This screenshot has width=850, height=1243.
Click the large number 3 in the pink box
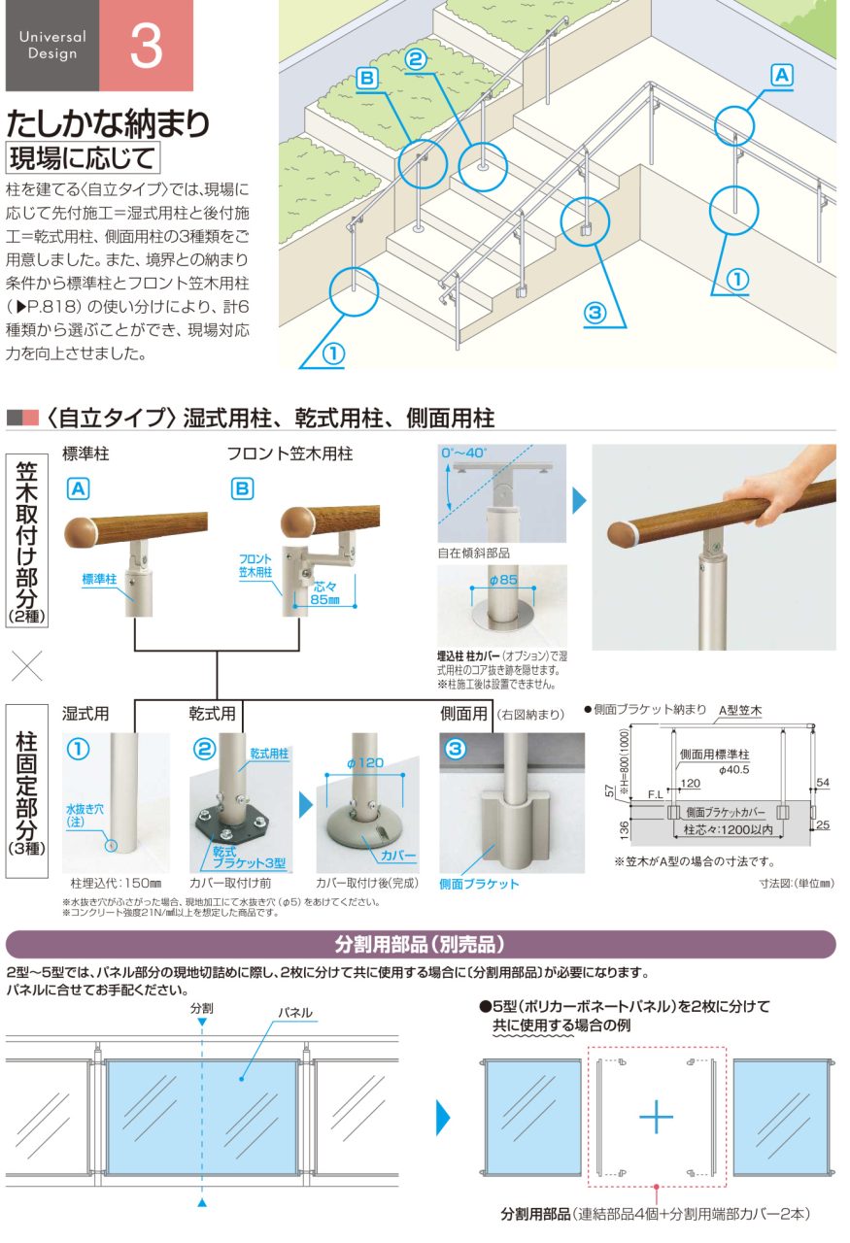pos(146,46)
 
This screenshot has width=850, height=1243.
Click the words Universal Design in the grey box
pos(52,45)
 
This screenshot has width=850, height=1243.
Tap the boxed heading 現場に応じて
pos(83,158)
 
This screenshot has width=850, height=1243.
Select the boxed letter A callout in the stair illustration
pos(782,75)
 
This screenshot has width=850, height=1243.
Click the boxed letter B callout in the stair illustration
pos(367,79)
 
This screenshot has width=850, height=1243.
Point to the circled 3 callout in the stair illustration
pos(595,313)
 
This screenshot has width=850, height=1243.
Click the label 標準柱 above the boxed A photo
pos(85,454)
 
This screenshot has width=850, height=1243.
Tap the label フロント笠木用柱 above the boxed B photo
pos(289,454)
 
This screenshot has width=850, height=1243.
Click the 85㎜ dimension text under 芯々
pos(324,599)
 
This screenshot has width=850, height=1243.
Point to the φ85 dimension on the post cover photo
pos(503,580)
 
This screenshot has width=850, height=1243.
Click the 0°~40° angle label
pos(463,453)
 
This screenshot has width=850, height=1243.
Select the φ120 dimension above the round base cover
pos(365,763)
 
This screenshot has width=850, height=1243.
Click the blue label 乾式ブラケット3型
pos(249,857)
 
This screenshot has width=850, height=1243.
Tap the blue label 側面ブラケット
pos(479,884)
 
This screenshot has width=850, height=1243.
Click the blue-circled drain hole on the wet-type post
pos(111,846)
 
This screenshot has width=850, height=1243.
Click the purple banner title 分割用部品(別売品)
pos(421,944)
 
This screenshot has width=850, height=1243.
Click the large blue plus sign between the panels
pos(656,1117)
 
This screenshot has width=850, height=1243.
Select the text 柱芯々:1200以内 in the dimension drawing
pos(728,829)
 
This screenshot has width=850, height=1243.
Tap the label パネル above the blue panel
pos(294,1013)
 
